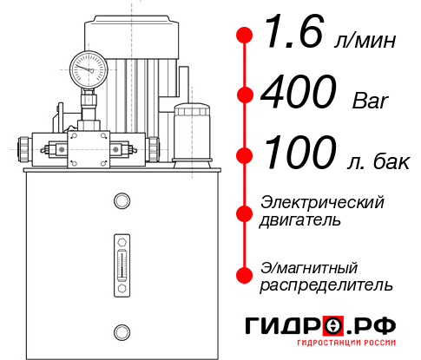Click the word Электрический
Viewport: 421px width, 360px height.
tap(322, 202)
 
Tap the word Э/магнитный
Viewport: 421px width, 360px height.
tap(309, 266)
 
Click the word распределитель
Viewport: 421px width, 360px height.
tap(326, 284)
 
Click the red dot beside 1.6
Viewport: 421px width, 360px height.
tap(245, 36)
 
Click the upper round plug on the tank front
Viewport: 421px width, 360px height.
tap(121, 202)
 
